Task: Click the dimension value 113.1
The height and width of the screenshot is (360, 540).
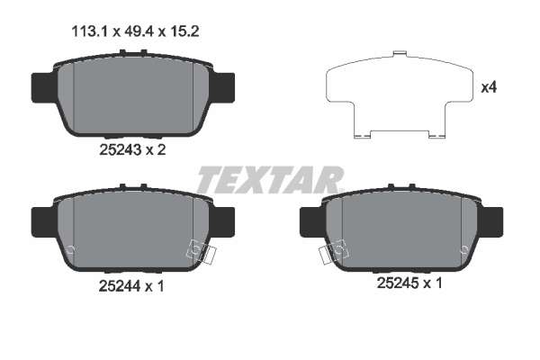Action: (x=90, y=31)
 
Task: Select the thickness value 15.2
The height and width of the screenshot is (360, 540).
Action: (x=184, y=31)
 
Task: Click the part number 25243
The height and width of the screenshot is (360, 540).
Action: (x=121, y=150)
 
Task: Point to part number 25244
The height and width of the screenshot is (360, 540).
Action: (x=120, y=286)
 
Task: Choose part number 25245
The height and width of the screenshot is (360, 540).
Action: (x=398, y=283)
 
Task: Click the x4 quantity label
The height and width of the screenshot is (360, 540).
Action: (x=489, y=87)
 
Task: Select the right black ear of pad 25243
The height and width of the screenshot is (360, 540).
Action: (x=223, y=87)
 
